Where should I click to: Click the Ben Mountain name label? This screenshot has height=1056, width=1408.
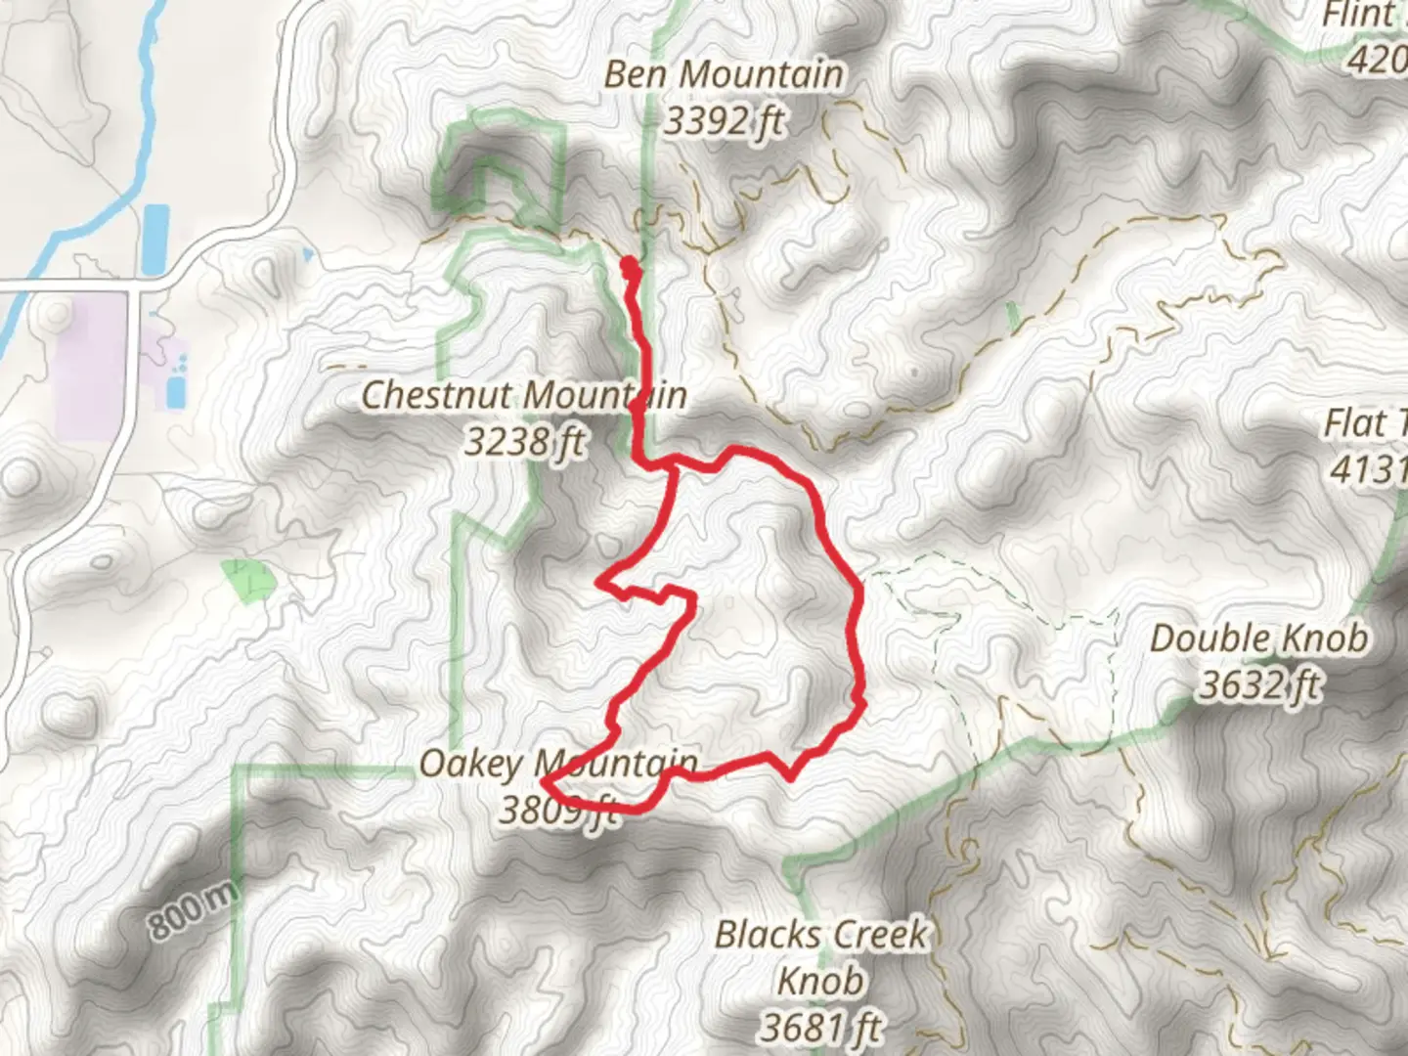click(723, 74)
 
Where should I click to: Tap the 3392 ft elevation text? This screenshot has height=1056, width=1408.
click(724, 121)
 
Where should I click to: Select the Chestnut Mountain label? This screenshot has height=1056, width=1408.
click(523, 396)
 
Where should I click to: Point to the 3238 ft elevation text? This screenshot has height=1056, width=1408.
click(524, 442)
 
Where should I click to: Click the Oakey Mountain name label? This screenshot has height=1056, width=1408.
click(558, 764)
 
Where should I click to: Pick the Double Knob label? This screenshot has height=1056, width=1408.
click(1258, 638)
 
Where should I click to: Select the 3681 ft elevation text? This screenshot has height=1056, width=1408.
click(820, 1027)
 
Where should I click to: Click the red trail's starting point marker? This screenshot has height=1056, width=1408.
click(629, 263)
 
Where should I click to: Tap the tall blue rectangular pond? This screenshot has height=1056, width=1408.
click(155, 239)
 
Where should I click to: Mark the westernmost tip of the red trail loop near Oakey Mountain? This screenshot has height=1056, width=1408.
click(544, 778)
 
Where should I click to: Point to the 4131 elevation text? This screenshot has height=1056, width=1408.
click(1369, 470)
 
